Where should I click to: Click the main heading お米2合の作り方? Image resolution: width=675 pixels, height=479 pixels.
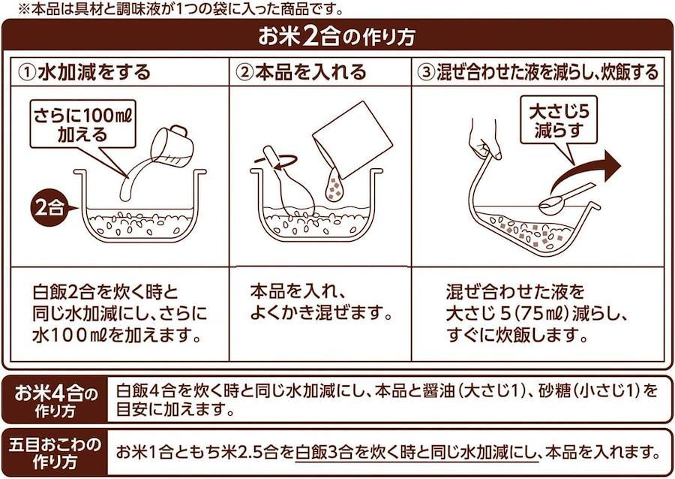tap(337, 36)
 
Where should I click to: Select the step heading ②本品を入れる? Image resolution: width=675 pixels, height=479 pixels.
tap(301, 72)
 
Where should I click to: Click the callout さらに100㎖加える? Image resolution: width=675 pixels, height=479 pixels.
tap(82, 124)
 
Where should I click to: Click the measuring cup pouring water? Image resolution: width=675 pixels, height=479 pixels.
tap(172, 146)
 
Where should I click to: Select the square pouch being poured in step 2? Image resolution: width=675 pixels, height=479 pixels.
tap(352, 139)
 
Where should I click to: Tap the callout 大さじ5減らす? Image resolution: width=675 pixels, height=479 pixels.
tap(559, 121)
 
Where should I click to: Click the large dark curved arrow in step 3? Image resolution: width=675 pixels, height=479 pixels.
tap(586, 172)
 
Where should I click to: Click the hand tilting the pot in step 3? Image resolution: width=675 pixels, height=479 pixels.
tap(485, 139)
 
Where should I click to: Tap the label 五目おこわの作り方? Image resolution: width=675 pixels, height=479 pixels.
tap(55, 453)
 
